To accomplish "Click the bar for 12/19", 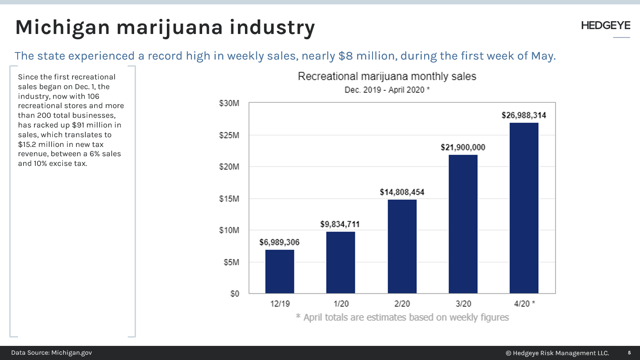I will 279,272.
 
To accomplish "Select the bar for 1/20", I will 340,262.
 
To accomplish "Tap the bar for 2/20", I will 402,247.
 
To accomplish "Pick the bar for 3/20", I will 463,224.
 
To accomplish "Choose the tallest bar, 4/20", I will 523,208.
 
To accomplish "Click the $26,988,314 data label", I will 523,116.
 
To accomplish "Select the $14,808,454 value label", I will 402,192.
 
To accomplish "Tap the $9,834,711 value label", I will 340,224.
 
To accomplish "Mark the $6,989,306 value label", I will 279,242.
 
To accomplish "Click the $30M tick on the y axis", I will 229,103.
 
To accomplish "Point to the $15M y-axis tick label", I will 229,199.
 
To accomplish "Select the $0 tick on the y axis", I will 234,294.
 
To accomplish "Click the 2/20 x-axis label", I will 402,304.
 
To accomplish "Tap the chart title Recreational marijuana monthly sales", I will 387,76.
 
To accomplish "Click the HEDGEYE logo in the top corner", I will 606,26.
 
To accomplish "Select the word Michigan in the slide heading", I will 62,27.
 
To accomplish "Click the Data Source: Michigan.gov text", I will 52,353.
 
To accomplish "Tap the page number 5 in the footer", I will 629,353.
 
